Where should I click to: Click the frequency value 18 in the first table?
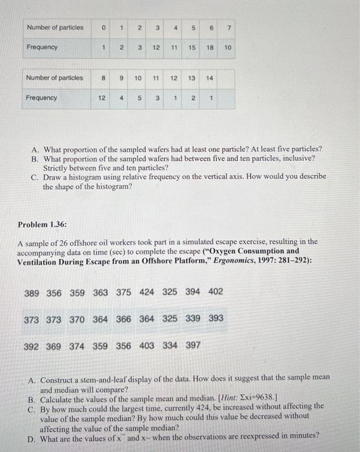click(210, 48)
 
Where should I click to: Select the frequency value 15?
click(192, 48)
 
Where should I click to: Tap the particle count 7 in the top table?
click(228, 27)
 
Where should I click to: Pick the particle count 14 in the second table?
click(208, 78)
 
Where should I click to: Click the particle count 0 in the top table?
click(102, 27)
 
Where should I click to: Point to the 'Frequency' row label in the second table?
click(41, 98)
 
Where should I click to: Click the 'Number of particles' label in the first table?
click(55, 27)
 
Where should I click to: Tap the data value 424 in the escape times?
click(146, 292)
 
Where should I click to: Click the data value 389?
click(32, 293)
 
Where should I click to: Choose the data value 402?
click(215, 292)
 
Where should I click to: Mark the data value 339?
click(192, 318)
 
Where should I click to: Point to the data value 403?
click(146, 345)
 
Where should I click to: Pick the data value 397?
click(192, 345)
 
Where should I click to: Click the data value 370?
click(77, 319)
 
